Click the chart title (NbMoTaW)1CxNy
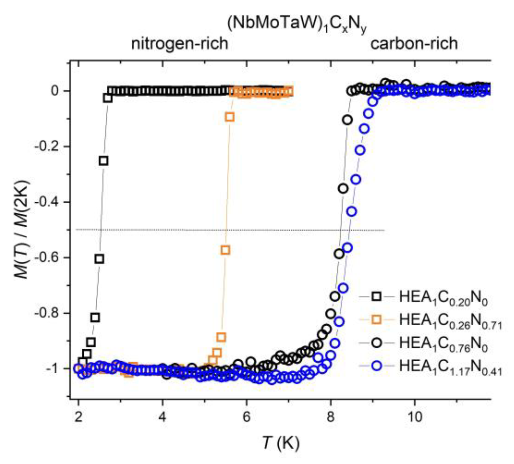tap(297, 25)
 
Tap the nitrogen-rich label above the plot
tap(180, 44)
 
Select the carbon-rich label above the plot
tap(414, 43)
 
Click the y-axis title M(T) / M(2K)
tap(22, 229)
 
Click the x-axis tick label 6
tap(246, 418)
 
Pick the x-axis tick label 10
tap(414, 418)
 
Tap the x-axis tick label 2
tap(78, 418)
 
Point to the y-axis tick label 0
tap(55, 91)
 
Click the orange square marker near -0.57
tap(225, 250)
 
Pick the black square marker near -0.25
tap(104, 161)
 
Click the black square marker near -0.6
tap(99, 259)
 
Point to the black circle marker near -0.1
tap(348, 120)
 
